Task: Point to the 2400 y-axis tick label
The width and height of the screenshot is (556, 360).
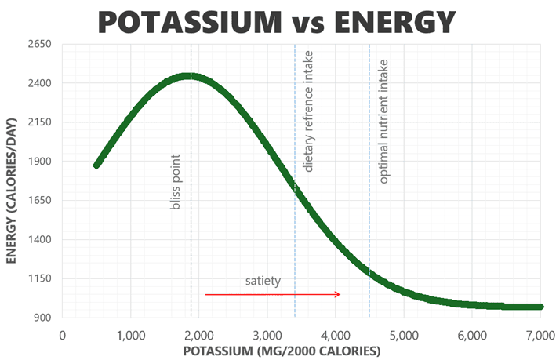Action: click(38, 83)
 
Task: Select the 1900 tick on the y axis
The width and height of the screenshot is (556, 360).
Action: click(38, 162)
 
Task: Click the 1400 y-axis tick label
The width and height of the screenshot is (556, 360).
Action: click(38, 239)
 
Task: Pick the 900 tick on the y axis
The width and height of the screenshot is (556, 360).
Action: click(41, 318)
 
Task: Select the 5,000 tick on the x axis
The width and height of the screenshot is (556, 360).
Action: click(404, 335)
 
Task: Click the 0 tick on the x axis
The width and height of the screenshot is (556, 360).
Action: click(63, 335)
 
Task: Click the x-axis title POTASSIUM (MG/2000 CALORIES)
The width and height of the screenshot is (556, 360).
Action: click(282, 351)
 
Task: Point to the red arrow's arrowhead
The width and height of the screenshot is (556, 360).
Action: click(337, 294)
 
